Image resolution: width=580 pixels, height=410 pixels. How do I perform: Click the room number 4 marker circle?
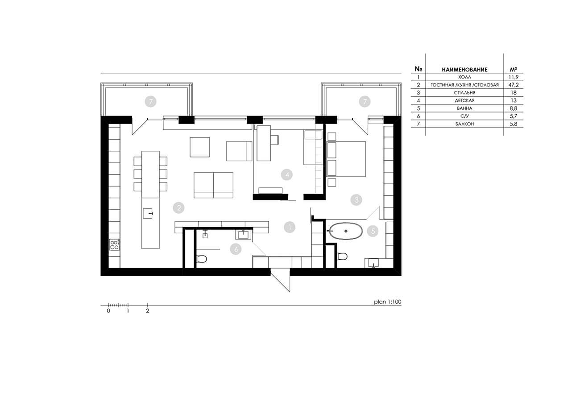[x=286, y=175]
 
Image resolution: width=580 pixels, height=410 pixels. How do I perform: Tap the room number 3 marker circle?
[x=356, y=200]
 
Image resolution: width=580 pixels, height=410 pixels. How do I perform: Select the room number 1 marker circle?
[x=290, y=227]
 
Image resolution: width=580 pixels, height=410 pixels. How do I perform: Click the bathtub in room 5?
[x=345, y=231]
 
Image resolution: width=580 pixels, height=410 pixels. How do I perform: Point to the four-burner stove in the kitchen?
[x=114, y=245]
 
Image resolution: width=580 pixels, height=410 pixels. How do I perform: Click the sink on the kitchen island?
[x=148, y=213]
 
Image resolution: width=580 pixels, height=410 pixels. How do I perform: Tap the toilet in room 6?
[x=202, y=259]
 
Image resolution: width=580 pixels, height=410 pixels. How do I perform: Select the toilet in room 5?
[x=342, y=256]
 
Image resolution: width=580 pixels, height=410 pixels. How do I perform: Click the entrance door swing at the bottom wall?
[x=280, y=280]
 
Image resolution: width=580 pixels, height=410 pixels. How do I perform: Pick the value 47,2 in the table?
[x=514, y=85]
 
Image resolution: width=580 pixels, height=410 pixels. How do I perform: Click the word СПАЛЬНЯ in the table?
[x=464, y=93]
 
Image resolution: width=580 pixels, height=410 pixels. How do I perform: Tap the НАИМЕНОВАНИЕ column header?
[x=464, y=69]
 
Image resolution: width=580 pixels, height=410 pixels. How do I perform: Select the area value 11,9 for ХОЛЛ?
[x=514, y=77]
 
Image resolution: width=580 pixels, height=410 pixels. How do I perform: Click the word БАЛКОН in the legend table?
[x=464, y=124]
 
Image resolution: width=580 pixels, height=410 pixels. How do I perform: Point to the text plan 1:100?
[x=388, y=302]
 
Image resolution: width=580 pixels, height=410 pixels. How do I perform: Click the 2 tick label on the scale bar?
[x=148, y=311]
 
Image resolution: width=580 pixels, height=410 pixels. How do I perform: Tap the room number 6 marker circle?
[x=236, y=249]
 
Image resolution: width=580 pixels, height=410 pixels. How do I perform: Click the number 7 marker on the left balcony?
[x=151, y=101]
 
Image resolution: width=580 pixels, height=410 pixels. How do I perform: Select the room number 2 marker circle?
[x=178, y=207]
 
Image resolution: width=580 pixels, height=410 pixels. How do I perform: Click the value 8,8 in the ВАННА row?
[x=514, y=108]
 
